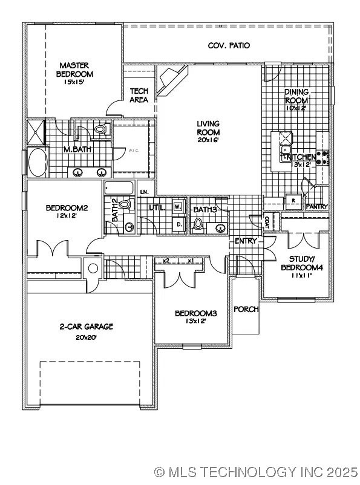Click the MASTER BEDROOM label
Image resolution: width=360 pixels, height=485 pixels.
(x=75, y=70)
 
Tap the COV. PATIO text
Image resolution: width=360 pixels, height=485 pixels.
(x=229, y=45)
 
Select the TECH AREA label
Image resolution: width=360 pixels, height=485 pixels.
(x=139, y=96)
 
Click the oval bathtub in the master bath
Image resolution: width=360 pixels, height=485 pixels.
(x=38, y=162)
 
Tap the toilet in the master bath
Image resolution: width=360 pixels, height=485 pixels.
(x=100, y=129)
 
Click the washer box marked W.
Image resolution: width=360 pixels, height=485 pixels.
(x=178, y=206)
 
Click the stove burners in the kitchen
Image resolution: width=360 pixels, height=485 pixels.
(x=324, y=157)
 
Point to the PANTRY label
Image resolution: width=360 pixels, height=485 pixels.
(x=317, y=207)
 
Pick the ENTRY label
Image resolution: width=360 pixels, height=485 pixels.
(x=246, y=241)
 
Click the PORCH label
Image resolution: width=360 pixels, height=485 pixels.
(x=246, y=309)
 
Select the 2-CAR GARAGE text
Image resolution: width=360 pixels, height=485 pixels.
(x=86, y=327)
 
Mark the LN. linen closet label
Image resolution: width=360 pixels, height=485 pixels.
(x=144, y=192)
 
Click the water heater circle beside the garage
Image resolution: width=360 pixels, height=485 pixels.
(x=94, y=269)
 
